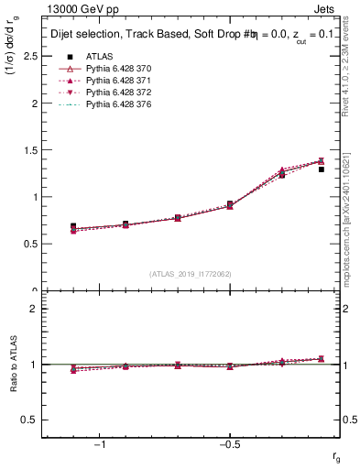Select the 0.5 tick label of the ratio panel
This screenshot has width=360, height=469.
tap(29, 420)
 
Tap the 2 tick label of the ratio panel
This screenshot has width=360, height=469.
tap(33, 309)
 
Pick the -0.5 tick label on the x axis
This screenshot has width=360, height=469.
tap(228, 444)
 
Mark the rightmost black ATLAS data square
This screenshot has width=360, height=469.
tap(321, 169)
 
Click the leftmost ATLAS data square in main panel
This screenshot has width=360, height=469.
tap(73, 225)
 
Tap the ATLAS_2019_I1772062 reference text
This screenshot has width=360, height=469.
tap(190, 274)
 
